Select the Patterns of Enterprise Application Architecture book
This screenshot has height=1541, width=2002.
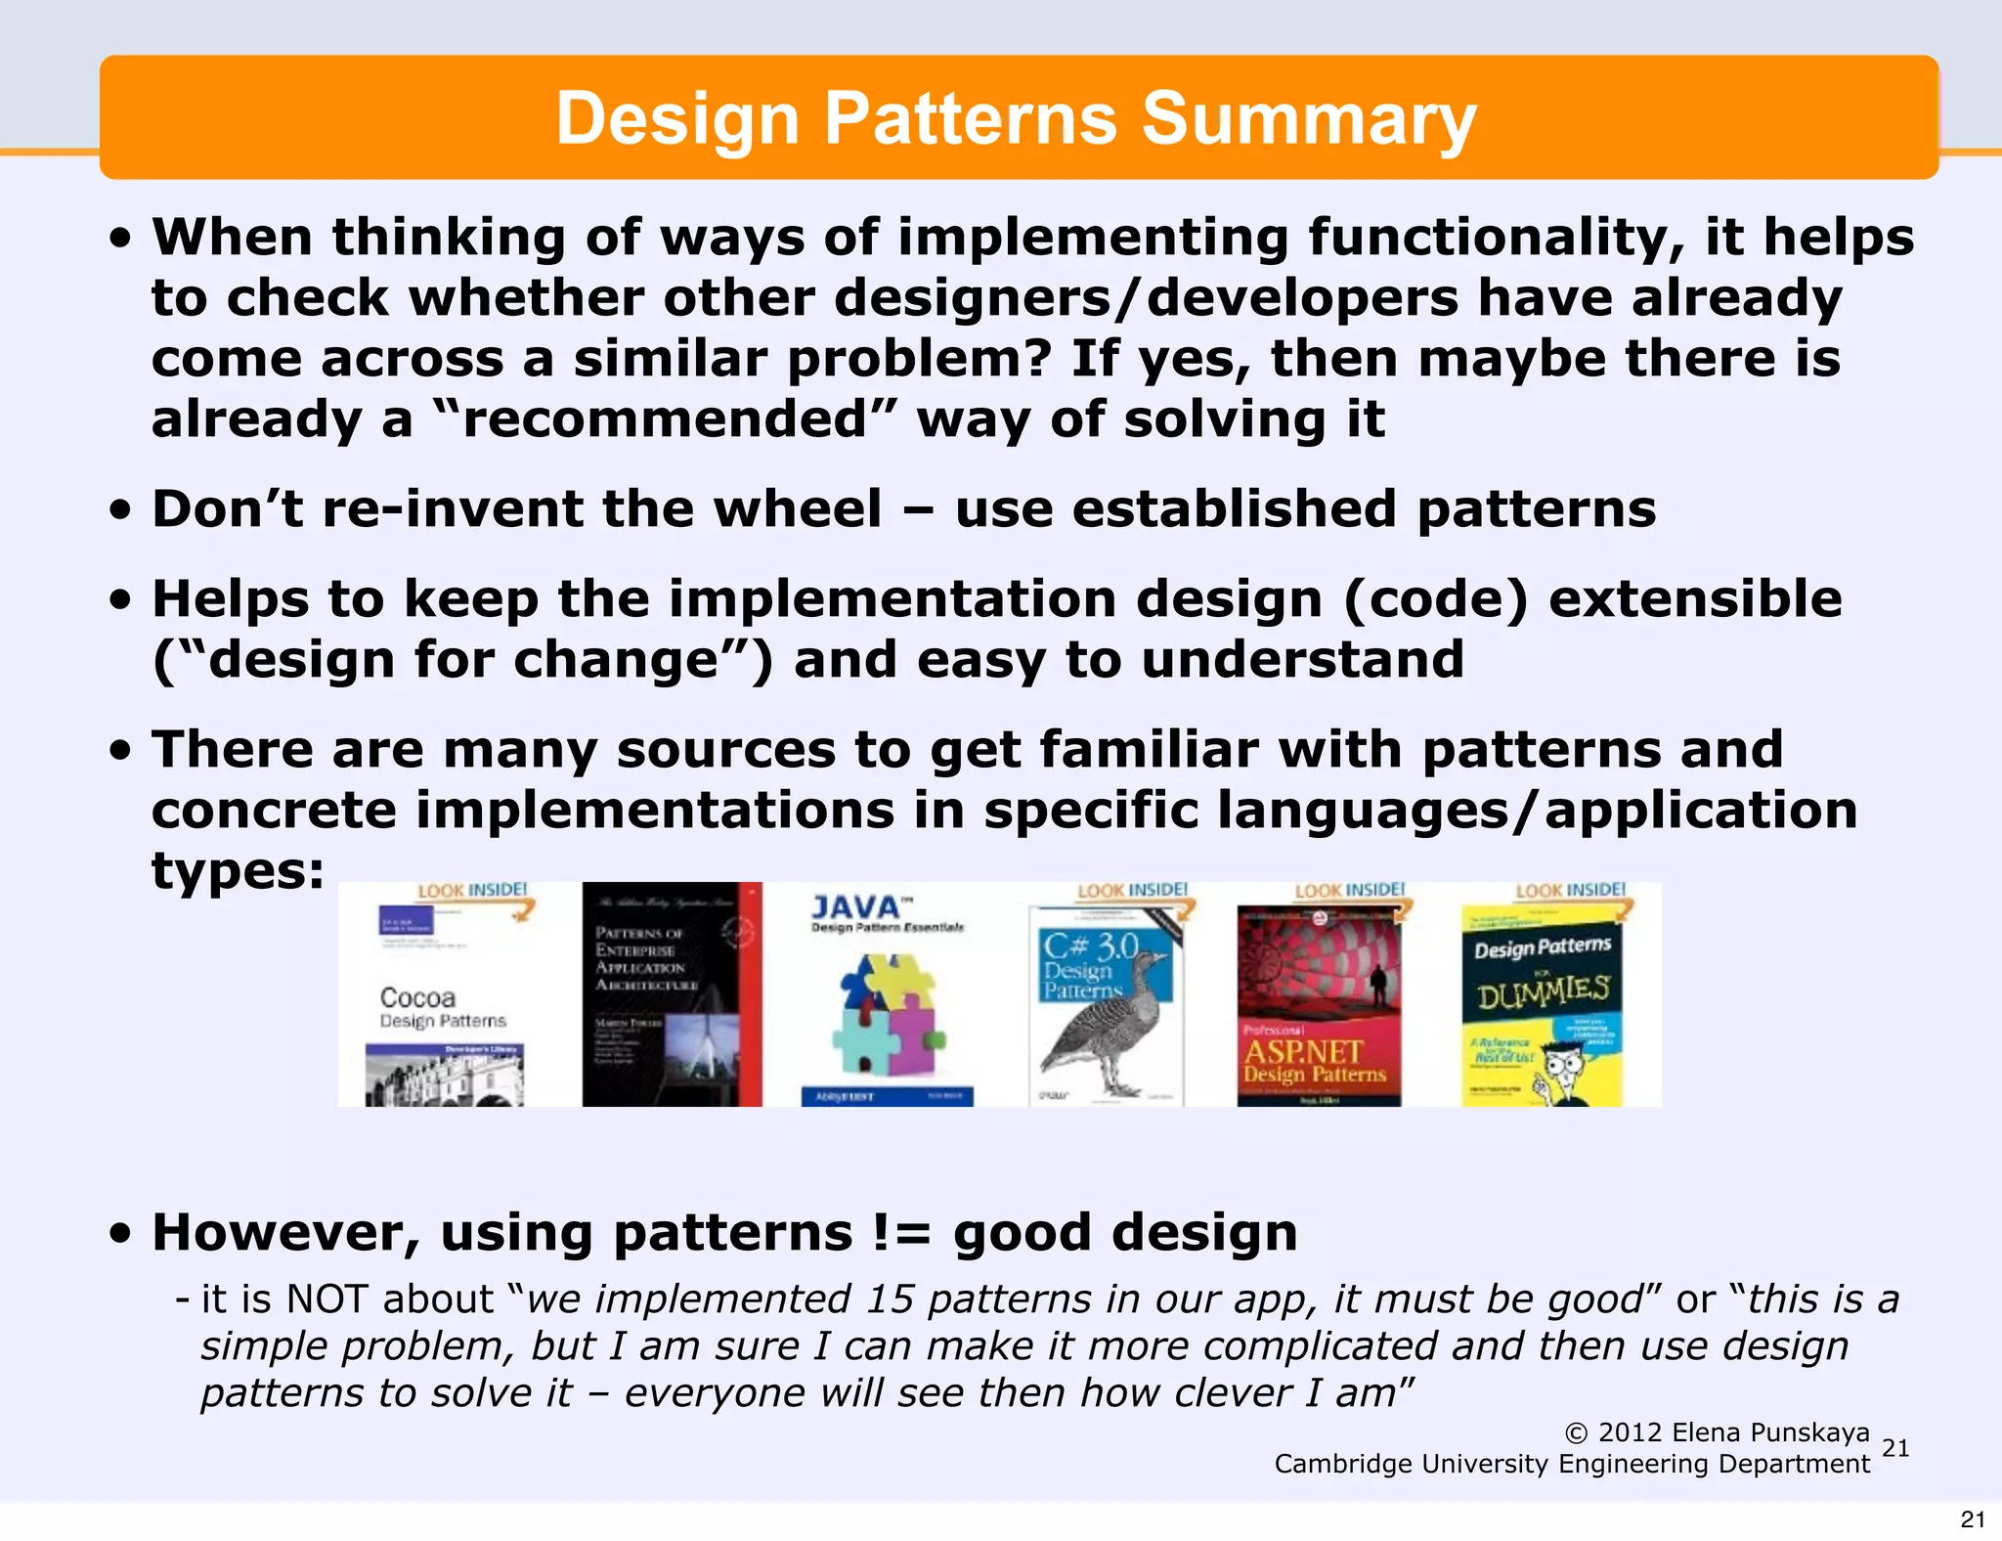[671, 994]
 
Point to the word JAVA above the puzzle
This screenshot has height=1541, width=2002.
[855, 907]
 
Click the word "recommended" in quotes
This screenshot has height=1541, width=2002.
[664, 419]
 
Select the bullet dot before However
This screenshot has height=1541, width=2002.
[120, 1234]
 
